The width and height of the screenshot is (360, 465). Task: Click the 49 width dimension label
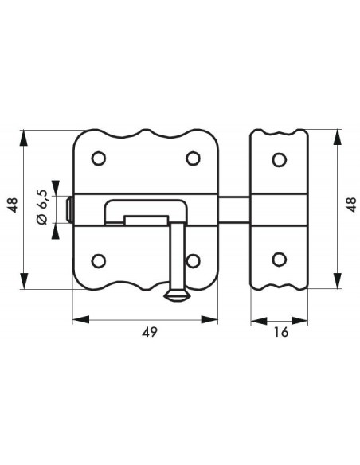[149, 333]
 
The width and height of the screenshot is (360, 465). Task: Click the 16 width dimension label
[281, 333]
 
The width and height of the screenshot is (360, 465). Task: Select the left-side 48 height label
[13, 205]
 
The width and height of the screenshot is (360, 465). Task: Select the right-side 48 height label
[351, 205]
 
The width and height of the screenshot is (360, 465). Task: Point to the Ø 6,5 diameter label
[41, 207]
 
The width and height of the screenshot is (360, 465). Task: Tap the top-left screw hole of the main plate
[99, 158]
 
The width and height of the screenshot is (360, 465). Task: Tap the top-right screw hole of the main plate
[193, 158]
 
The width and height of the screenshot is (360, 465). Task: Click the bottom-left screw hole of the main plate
[99, 261]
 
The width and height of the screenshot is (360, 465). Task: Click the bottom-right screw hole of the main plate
[193, 261]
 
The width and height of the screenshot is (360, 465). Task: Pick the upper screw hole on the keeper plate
[279, 159]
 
